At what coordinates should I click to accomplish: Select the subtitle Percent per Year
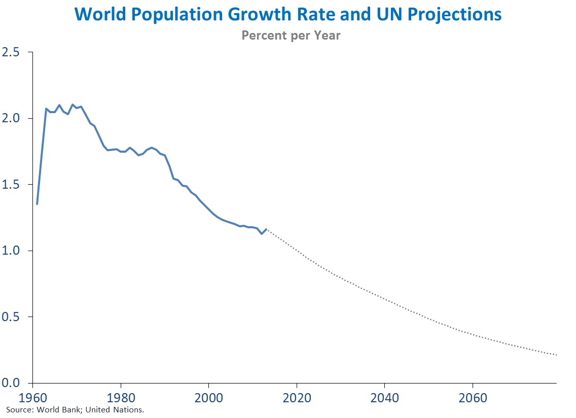coord(291,36)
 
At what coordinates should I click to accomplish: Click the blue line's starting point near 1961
coord(37,204)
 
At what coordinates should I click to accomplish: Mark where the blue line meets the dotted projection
coord(266,229)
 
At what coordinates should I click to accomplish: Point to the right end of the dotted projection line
coord(556,355)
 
